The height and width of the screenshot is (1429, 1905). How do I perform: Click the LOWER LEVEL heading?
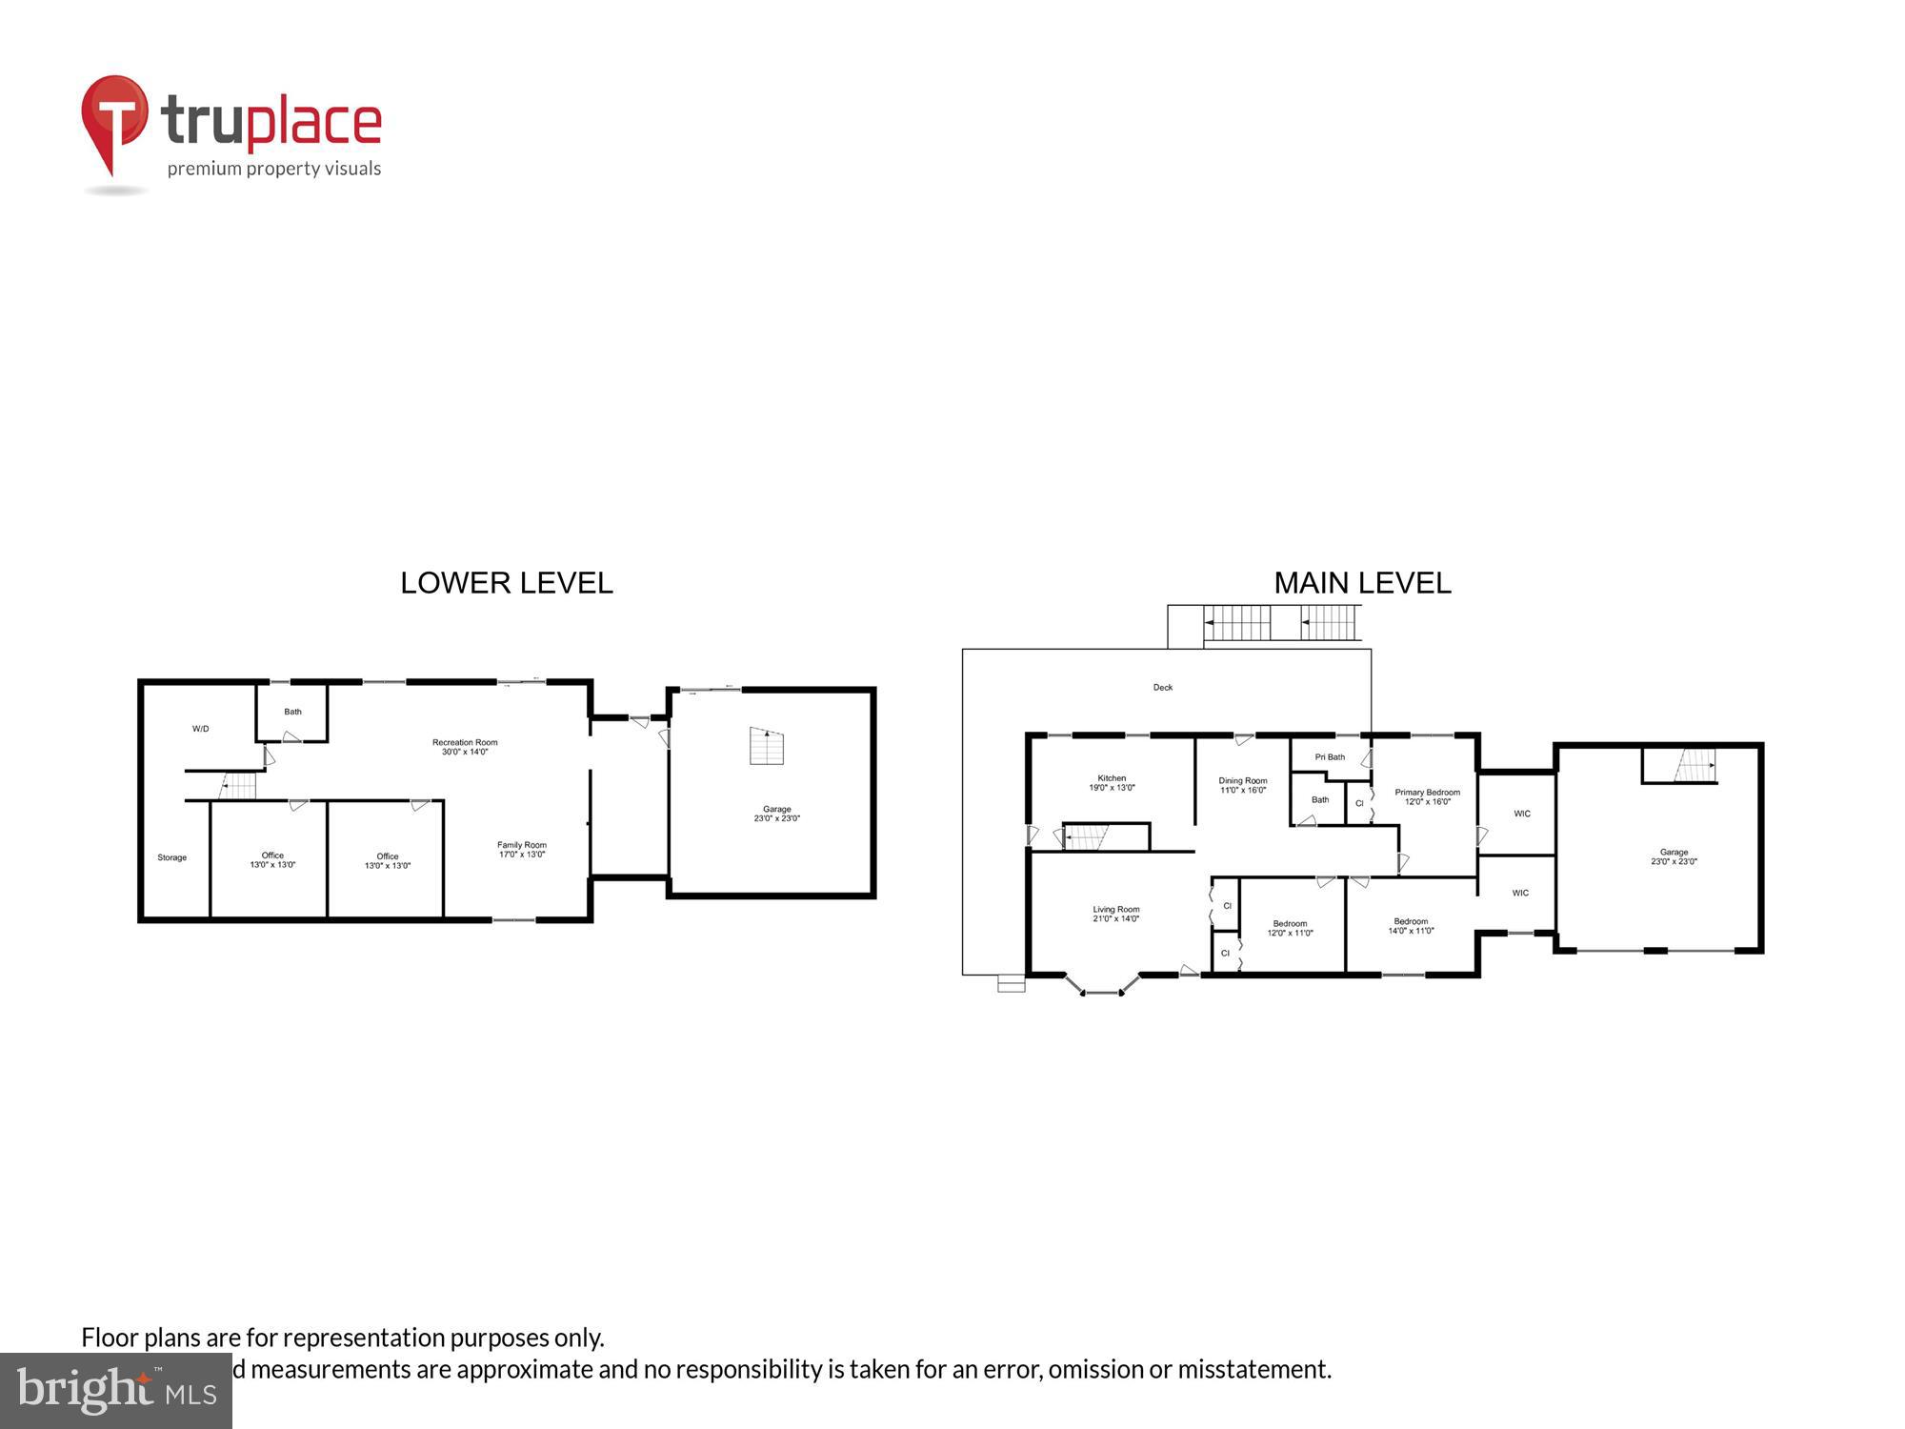506,583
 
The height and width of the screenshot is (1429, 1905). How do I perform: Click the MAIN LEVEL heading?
1362,583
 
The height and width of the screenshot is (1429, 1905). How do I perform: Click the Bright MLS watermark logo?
115,1390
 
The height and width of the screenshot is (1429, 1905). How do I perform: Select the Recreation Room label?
465,747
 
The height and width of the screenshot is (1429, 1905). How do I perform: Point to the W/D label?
200,729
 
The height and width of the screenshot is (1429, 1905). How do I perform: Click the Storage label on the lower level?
172,857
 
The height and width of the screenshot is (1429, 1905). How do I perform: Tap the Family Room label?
522,850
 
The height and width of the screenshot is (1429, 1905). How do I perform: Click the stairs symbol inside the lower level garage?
767,746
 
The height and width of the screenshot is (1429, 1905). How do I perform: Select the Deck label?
1163,687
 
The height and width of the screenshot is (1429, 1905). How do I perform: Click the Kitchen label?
1112,783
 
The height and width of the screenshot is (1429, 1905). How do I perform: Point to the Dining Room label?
1243,785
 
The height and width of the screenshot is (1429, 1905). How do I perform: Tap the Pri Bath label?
1330,757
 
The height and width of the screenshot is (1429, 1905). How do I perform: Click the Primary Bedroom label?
1427,796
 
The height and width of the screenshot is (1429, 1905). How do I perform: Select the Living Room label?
1115,914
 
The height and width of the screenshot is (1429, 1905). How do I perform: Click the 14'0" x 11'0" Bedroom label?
1411,926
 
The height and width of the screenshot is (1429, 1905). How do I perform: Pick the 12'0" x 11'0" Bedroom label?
1290,928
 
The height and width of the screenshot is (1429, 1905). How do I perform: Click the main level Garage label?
1674,856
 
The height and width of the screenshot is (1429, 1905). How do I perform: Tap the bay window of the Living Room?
1101,991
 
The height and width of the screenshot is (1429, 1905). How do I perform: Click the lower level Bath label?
292,712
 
